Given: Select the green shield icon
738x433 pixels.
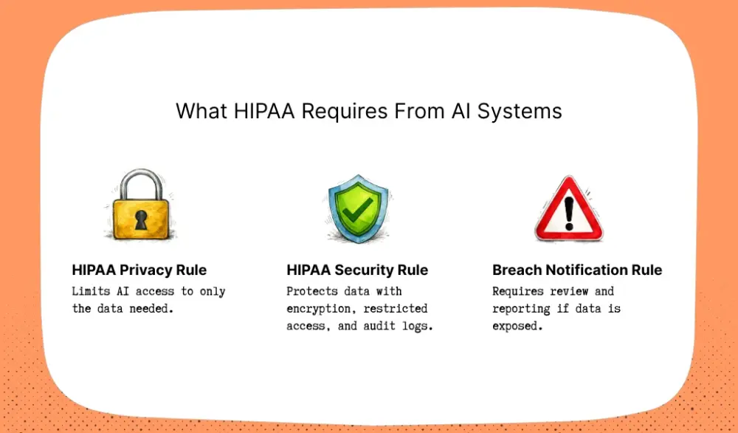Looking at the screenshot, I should (x=357, y=208).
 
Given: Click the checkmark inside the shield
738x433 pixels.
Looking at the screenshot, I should (x=358, y=208).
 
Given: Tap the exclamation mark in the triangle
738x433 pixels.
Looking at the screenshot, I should (x=568, y=211).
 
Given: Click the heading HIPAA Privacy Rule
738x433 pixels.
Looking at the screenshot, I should (x=139, y=270).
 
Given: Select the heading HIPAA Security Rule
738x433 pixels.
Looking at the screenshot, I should (x=357, y=270).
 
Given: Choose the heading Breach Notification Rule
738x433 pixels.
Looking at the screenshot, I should (x=577, y=270).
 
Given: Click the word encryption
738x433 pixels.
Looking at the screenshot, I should (x=318, y=309).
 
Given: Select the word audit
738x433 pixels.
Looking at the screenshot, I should (x=380, y=326).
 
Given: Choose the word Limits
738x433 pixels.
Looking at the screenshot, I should (x=90, y=291).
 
